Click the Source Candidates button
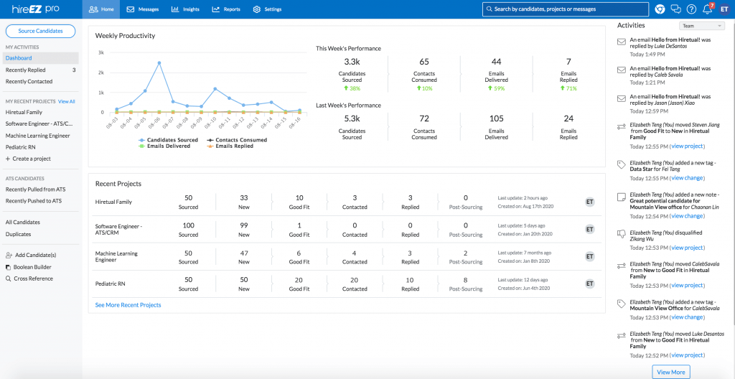[x=40, y=31]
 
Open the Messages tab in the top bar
[x=143, y=9]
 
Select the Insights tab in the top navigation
[x=186, y=9]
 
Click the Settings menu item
[x=268, y=9]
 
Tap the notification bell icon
[x=707, y=9]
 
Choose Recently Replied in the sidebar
[x=26, y=70]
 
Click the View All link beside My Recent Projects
[x=66, y=101]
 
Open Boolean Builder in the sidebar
[x=32, y=267]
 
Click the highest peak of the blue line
[x=159, y=62]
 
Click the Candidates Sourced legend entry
[x=169, y=140]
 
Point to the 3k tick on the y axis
[x=101, y=53]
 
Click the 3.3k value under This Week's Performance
[x=352, y=62]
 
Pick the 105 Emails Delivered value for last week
[x=496, y=119]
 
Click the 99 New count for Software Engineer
[x=244, y=225]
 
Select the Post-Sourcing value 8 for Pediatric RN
[x=466, y=280]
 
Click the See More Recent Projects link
[x=128, y=305]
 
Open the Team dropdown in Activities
[x=701, y=26]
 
